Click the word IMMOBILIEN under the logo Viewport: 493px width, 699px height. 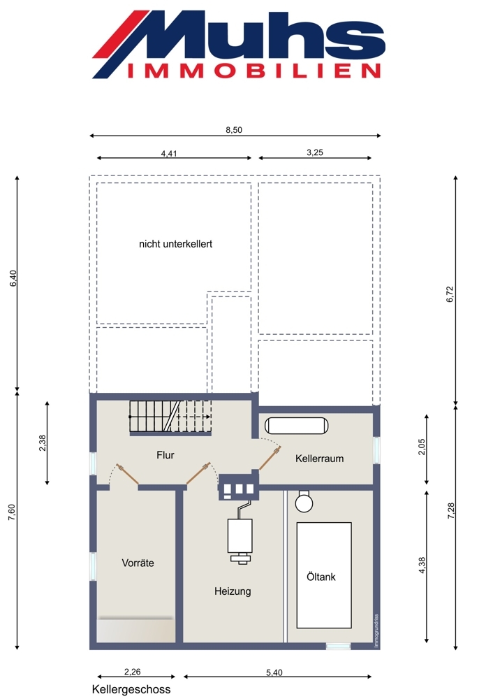[254, 71]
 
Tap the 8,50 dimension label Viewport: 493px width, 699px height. [234, 130]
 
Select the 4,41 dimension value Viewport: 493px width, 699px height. [169, 153]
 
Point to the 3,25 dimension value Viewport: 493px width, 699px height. [315, 152]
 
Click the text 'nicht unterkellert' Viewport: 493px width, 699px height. [175, 244]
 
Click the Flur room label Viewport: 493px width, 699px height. [165, 455]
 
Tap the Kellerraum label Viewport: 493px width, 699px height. [319, 459]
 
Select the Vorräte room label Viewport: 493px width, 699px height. [138, 563]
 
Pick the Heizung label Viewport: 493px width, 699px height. [233, 591]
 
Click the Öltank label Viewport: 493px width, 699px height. [321, 577]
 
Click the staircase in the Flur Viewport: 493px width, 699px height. [170, 417]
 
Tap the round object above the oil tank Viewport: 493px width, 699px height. [304, 502]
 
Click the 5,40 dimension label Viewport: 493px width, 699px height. [274, 672]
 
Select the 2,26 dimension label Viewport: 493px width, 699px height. [133, 672]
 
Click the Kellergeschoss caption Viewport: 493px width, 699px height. [131, 689]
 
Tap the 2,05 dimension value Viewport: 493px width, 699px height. [422, 447]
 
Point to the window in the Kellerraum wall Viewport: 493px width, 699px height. [377, 450]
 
